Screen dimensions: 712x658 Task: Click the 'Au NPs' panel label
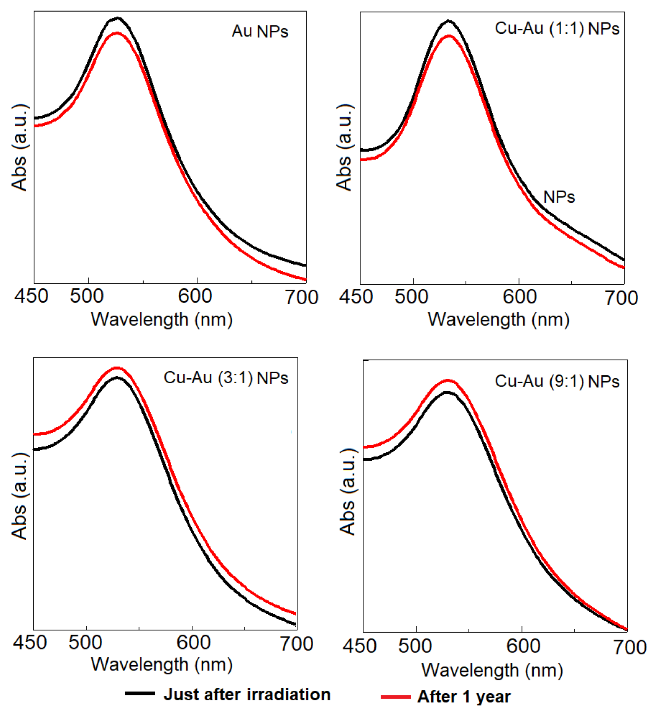260,32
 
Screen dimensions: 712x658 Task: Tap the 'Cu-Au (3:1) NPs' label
226,378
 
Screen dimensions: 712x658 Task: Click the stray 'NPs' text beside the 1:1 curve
559,197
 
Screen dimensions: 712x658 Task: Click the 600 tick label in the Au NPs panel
195,296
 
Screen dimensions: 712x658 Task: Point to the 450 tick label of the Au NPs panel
31,296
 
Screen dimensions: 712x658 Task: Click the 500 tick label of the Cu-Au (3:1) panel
85,643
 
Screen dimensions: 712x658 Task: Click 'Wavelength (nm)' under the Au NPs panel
162,320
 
